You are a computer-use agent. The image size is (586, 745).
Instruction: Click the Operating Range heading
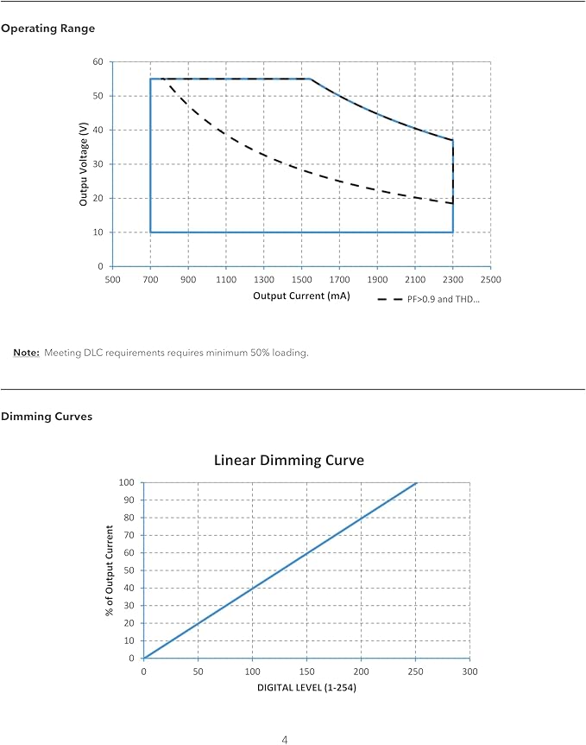48,29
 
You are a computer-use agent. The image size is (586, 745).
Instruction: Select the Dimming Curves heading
47,417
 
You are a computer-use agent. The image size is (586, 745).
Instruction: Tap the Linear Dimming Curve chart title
289,460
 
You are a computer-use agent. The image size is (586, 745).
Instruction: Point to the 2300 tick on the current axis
453,279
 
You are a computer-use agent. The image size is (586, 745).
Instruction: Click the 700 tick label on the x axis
150,279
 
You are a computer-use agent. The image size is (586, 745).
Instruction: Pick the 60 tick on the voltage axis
98,61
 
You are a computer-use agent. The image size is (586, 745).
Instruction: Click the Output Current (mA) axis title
301,296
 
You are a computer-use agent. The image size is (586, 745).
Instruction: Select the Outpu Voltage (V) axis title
84,164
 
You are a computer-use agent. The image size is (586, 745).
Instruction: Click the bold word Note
26,353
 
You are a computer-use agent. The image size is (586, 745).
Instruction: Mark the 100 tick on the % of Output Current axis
126,483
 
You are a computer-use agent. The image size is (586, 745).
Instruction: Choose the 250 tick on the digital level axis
415,672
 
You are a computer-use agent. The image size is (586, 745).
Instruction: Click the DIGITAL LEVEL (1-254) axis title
306,687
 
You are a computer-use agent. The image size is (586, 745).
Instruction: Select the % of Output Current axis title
110,570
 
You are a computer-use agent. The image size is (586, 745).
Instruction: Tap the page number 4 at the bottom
285,740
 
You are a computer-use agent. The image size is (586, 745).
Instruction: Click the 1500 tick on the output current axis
301,279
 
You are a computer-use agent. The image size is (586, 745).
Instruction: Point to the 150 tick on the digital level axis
306,672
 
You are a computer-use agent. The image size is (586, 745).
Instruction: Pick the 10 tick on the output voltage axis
98,232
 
